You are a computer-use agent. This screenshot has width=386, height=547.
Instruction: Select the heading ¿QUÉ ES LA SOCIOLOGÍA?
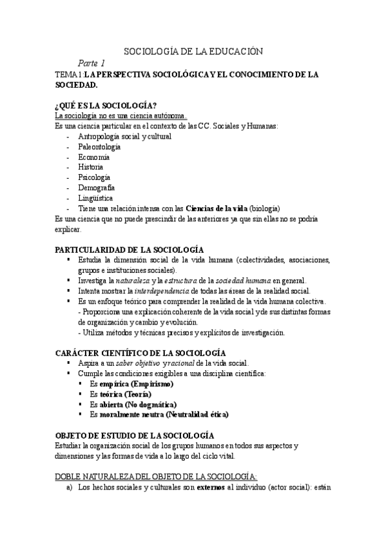pyautogui.click(x=106, y=106)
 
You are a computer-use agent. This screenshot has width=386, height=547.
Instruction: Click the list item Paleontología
pyautogui.click(x=99, y=146)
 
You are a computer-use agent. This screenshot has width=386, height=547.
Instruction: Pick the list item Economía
pyautogui.click(x=93, y=157)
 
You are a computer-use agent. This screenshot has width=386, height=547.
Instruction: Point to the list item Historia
pyautogui.click(x=90, y=167)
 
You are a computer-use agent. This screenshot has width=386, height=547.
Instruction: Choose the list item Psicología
pyautogui.click(x=94, y=177)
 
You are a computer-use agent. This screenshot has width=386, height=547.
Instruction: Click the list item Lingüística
pyautogui.click(x=95, y=198)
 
